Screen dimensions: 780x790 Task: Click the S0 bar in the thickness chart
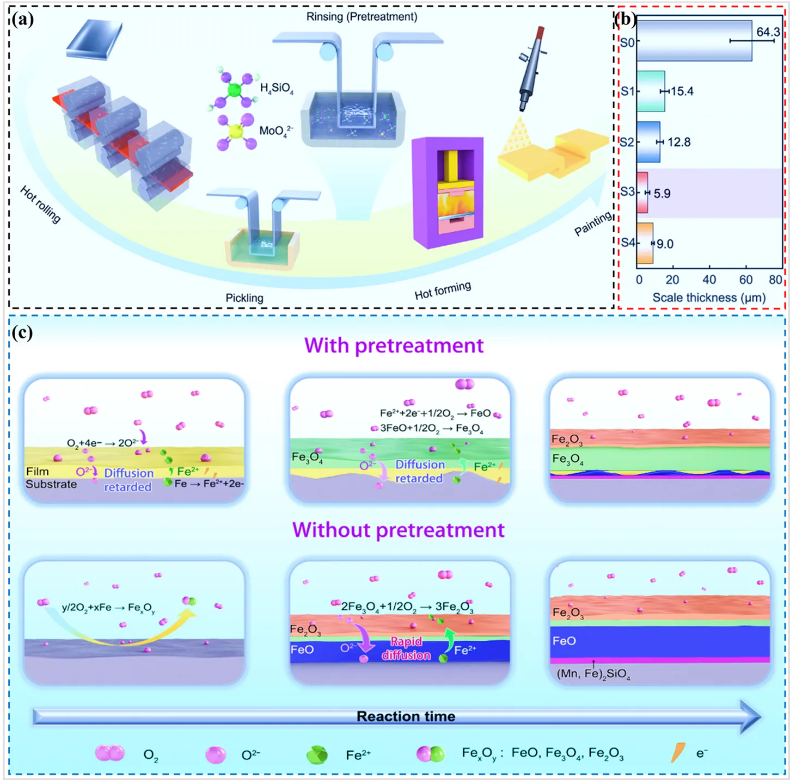click(694, 41)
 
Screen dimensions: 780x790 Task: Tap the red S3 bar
click(642, 193)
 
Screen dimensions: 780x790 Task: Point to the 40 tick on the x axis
click(709, 280)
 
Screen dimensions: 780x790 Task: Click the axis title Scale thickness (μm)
click(709, 298)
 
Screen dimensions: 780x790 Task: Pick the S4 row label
click(628, 243)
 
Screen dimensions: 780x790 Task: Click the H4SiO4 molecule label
click(277, 88)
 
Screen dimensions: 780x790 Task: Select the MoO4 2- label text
click(276, 131)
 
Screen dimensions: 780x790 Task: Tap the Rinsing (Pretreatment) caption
click(362, 17)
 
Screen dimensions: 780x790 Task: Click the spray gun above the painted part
click(531, 68)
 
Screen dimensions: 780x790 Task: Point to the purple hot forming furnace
click(448, 191)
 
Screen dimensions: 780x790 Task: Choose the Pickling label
click(244, 298)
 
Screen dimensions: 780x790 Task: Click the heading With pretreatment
click(394, 346)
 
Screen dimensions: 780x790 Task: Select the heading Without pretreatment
click(398, 530)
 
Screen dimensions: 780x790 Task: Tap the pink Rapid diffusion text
click(406, 648)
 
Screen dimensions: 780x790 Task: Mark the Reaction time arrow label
click(406, 716)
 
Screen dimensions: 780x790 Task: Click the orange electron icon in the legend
click(678, 753)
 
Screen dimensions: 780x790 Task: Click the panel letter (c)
click(22, 332)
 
